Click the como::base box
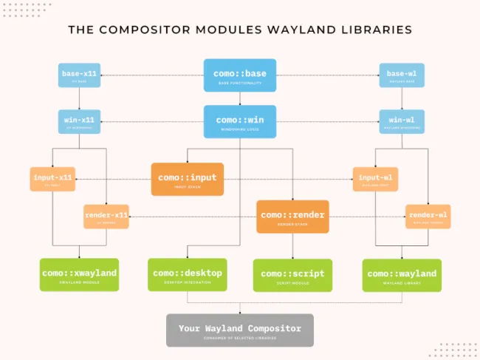point(240,75)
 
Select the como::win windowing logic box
point(240,121)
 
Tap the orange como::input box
point(188,179)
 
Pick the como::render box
point(292,217)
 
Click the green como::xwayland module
point(79,275)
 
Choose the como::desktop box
point(187,275)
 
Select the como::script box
point(292,275)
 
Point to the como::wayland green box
point(401,275)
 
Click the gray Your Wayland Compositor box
point(240,330)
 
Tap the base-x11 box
point(79,75)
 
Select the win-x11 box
point(79,121)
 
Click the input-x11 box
point(54,179)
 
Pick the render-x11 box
point(106,217)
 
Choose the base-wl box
point(401,75)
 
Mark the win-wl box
point(401,121)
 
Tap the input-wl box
point(375,179)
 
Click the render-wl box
point(428,217)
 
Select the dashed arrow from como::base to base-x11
point(151,75)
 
